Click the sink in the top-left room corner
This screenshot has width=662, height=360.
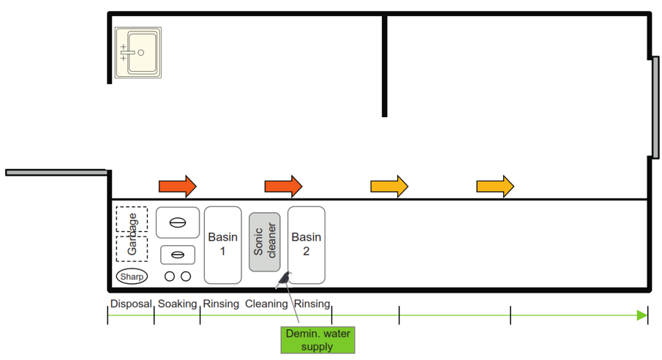[138, 53]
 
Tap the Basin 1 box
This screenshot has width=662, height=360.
[222, 244]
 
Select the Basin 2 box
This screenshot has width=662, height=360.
[306, 244]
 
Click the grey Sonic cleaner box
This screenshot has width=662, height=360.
[264, 241]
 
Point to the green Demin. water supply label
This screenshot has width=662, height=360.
[317, 340]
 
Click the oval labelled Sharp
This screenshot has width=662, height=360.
[132, 277]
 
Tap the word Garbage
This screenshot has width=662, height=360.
[132, 234]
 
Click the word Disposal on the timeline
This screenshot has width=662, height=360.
[131, 304]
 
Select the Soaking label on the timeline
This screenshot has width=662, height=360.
[177, 304]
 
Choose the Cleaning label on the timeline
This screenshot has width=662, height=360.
[266, 304]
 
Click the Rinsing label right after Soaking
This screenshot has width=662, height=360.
[221, 304]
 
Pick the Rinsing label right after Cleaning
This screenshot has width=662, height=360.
[312, 304]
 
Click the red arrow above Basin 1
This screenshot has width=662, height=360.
[178, 187]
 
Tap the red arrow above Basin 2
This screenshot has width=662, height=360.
[283, 187]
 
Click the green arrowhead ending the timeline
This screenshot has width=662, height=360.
[642, 315]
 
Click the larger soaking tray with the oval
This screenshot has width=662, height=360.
[178, 222]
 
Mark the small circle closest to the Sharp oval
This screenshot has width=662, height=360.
[170, 277]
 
